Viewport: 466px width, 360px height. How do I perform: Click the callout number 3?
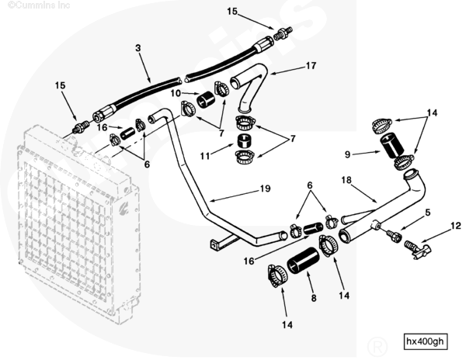(x=138, y=48)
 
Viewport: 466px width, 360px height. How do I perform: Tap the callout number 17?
(x=311, y=66)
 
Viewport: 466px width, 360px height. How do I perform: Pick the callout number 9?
(x=348, y=154)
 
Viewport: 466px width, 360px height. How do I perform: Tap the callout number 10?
(x=176, y=94)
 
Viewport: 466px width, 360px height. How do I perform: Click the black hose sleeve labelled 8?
(x=301, y=263)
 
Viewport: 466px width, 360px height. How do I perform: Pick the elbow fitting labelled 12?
(x=418, y=248)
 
